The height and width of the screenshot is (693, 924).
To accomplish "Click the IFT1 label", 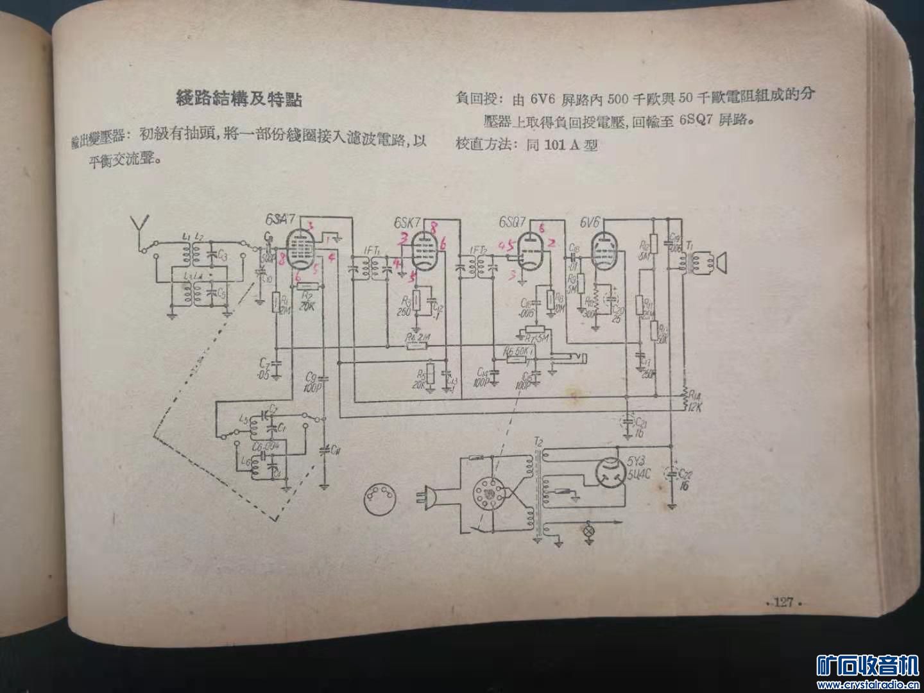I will coord(372,250).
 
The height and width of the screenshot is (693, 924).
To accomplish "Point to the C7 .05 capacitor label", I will coord(262,369).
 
